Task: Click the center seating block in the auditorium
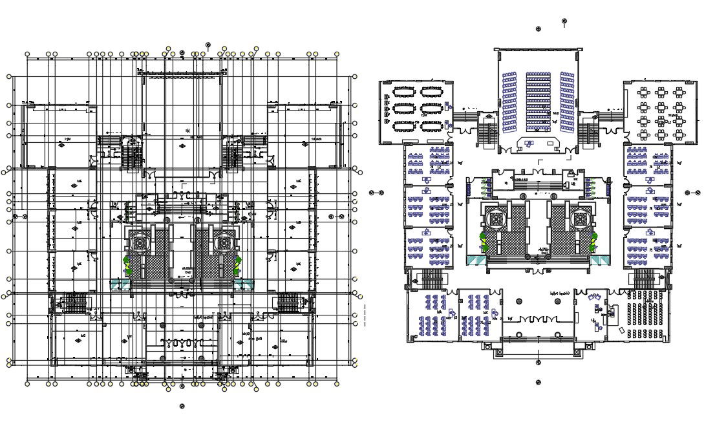tap(537, 100)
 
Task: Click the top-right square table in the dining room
tap(679, 92)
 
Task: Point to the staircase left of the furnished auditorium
tap(487, 133)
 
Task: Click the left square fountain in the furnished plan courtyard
tap(497, 219)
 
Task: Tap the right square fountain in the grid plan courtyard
tap(223, 242)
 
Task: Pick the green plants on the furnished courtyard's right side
tap(593, 242)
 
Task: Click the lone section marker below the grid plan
tap(182, 407)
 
